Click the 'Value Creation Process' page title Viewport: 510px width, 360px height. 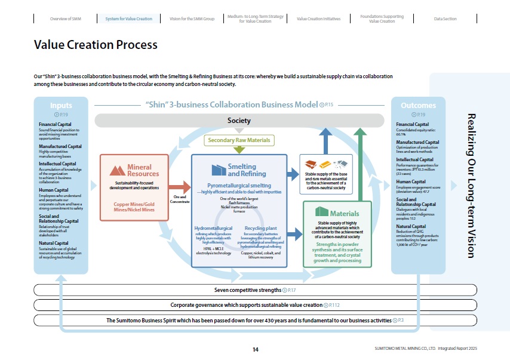[96, 45]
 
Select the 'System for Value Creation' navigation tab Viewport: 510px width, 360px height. [128, 19]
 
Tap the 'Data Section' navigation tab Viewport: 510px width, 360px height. [445, 19]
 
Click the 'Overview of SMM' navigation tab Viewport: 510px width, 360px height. [66, 19]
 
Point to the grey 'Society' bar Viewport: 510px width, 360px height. [239, 121]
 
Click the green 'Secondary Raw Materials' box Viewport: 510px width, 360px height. [239, 140]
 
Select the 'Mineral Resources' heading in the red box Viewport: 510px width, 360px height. [139, 170]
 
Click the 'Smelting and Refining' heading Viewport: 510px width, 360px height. [242, 170]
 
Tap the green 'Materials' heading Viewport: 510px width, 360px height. [345, 213]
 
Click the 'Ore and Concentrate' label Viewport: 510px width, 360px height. [180, 199]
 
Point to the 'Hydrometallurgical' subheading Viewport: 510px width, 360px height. [213, 228]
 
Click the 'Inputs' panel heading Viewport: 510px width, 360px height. [61, 106]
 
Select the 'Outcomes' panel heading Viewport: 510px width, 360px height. [418, 106]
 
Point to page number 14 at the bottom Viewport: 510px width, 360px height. [255, 349]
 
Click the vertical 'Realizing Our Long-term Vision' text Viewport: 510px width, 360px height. [470, 185]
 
